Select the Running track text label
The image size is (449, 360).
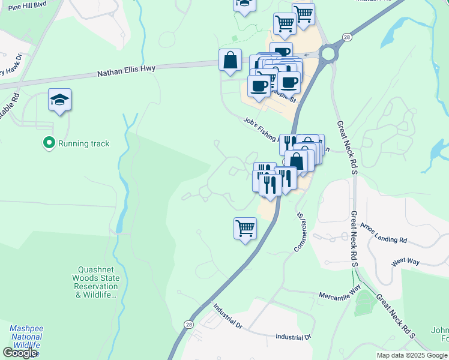(x=83, y=143)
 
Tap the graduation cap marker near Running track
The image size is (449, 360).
(x=60, y=100)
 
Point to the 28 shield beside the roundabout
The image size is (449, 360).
(x=347, y=37)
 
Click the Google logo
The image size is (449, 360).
(x=20, y=352)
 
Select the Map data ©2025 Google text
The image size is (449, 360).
(x=412, y=355)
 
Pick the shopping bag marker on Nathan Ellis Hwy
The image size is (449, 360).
(x=230, y=61)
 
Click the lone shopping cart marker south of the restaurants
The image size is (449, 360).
(x=245, y=229)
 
